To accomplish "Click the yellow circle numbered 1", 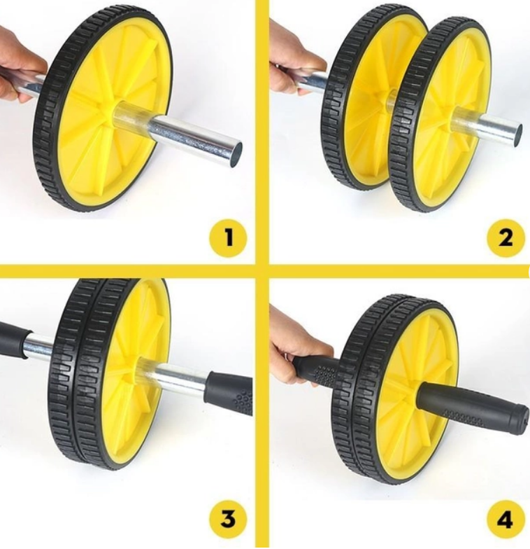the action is (x=228, y=238).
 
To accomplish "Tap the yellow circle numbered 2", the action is (x=506, y=238).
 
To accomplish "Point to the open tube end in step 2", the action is (x=517, y=135).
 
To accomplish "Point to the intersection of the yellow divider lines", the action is (x=263, y=270).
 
